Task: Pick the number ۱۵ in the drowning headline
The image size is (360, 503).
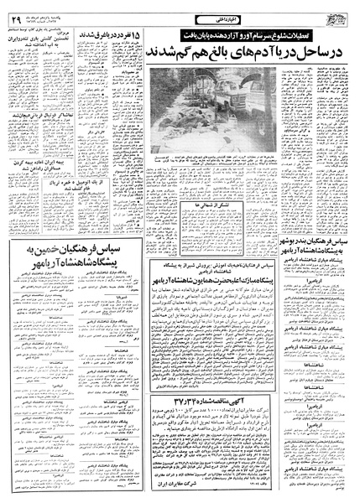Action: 138,36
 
